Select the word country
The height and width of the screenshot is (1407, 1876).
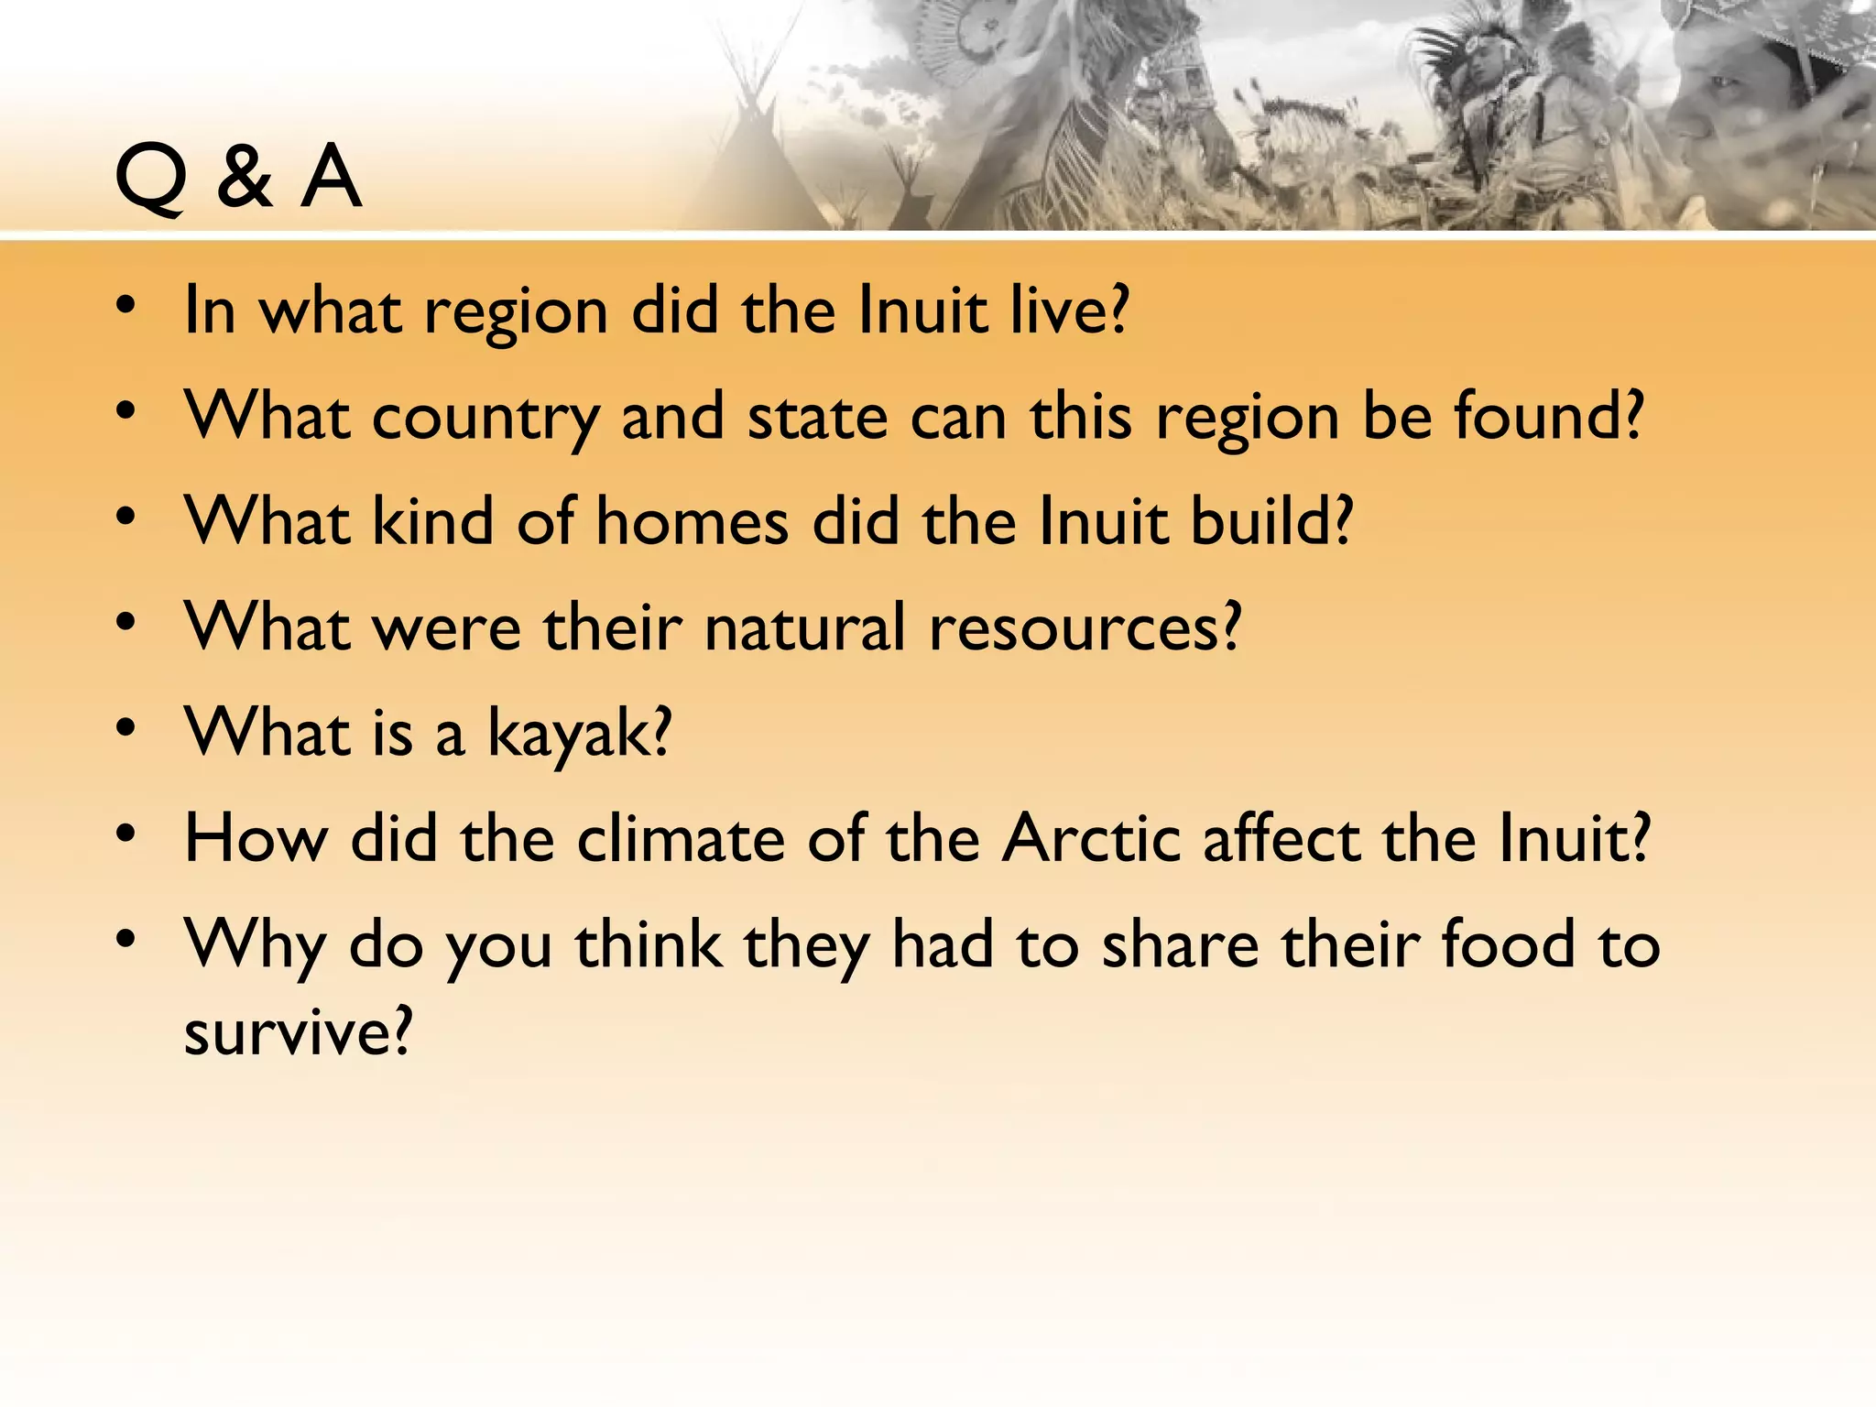pyautogui.click(x=485, y=418)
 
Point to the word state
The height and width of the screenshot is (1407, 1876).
pyautogui.click(x=818, y=416)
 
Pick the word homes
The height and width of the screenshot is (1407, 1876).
pyautogui.click(x=693, y=521)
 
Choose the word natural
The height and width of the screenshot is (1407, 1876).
pyautogui.click(x=805, y=627)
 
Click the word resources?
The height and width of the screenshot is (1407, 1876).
pyautogui.click(x=1085, y=627)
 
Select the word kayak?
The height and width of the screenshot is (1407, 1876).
pyautogui.click(x=579, y=735)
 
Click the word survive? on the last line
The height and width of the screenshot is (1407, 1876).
pyautogui.click(x=299, y=1033)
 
